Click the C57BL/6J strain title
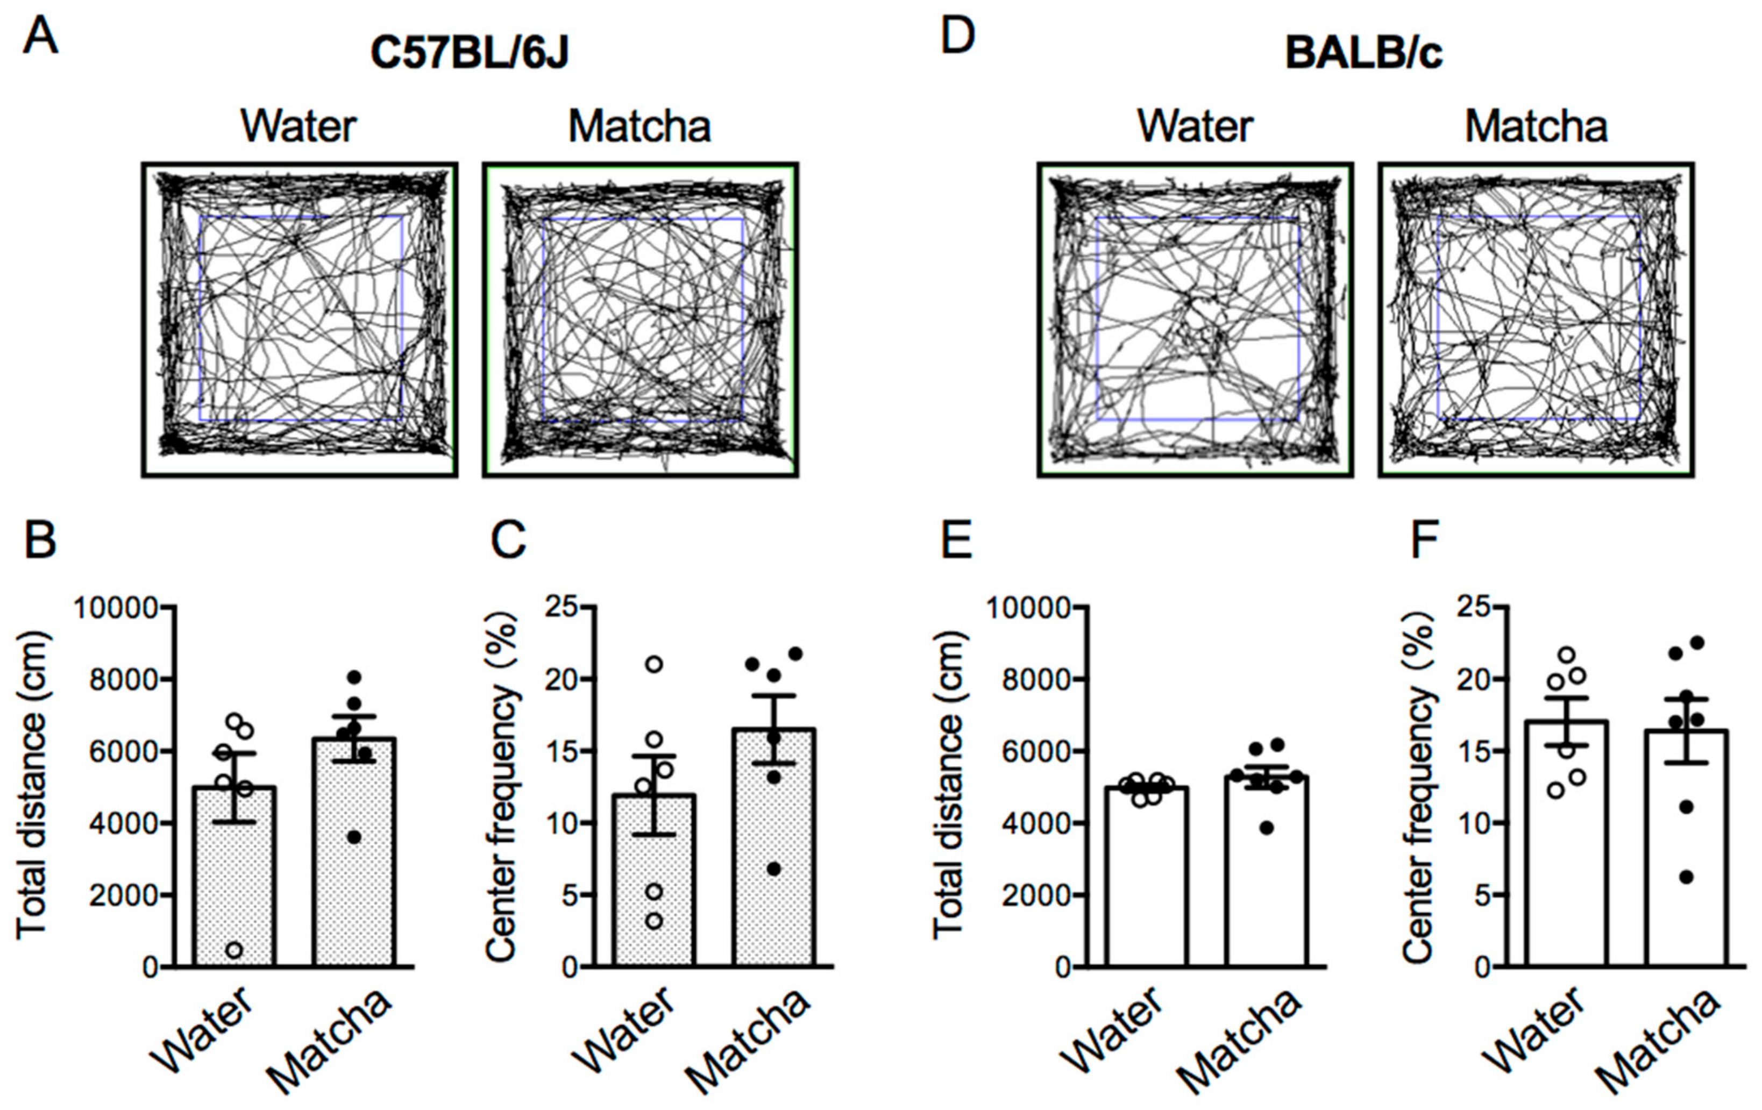(x=469, y=53)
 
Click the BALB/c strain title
(x=1363, y=53)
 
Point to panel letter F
(x=1423, y=540)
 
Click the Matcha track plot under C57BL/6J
(x=640, y=320)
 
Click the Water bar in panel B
(x=235, y=878)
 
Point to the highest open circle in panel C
(x=654, y=664)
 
